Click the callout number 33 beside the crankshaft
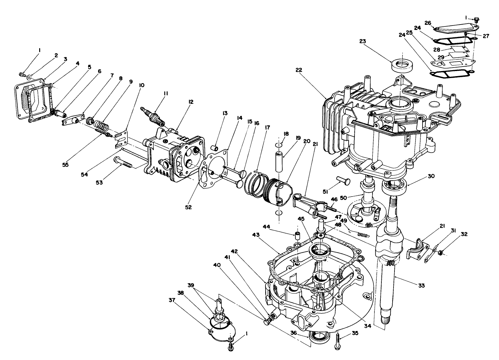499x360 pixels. point(421,286)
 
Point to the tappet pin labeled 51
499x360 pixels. point(343,183)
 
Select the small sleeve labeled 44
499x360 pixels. point(297,236)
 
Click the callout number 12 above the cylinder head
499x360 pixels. point(191,102)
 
